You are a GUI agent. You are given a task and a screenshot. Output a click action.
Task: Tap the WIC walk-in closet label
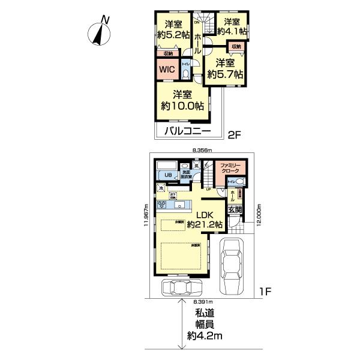(167, 70)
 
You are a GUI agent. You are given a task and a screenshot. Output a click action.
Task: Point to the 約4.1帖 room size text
(230, 32)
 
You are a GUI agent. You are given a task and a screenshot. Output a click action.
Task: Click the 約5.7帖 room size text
(225, 74)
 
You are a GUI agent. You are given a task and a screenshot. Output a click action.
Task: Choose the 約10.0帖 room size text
(182, 105)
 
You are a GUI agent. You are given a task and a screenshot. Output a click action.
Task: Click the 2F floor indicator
(235, 136)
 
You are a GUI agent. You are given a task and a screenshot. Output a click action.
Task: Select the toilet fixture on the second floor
(187, 73)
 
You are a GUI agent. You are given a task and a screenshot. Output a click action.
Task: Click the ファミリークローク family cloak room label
(230, 169)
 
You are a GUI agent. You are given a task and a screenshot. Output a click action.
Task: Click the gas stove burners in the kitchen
(162, 205)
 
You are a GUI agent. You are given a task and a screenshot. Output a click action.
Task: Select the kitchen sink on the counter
(179, 205)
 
